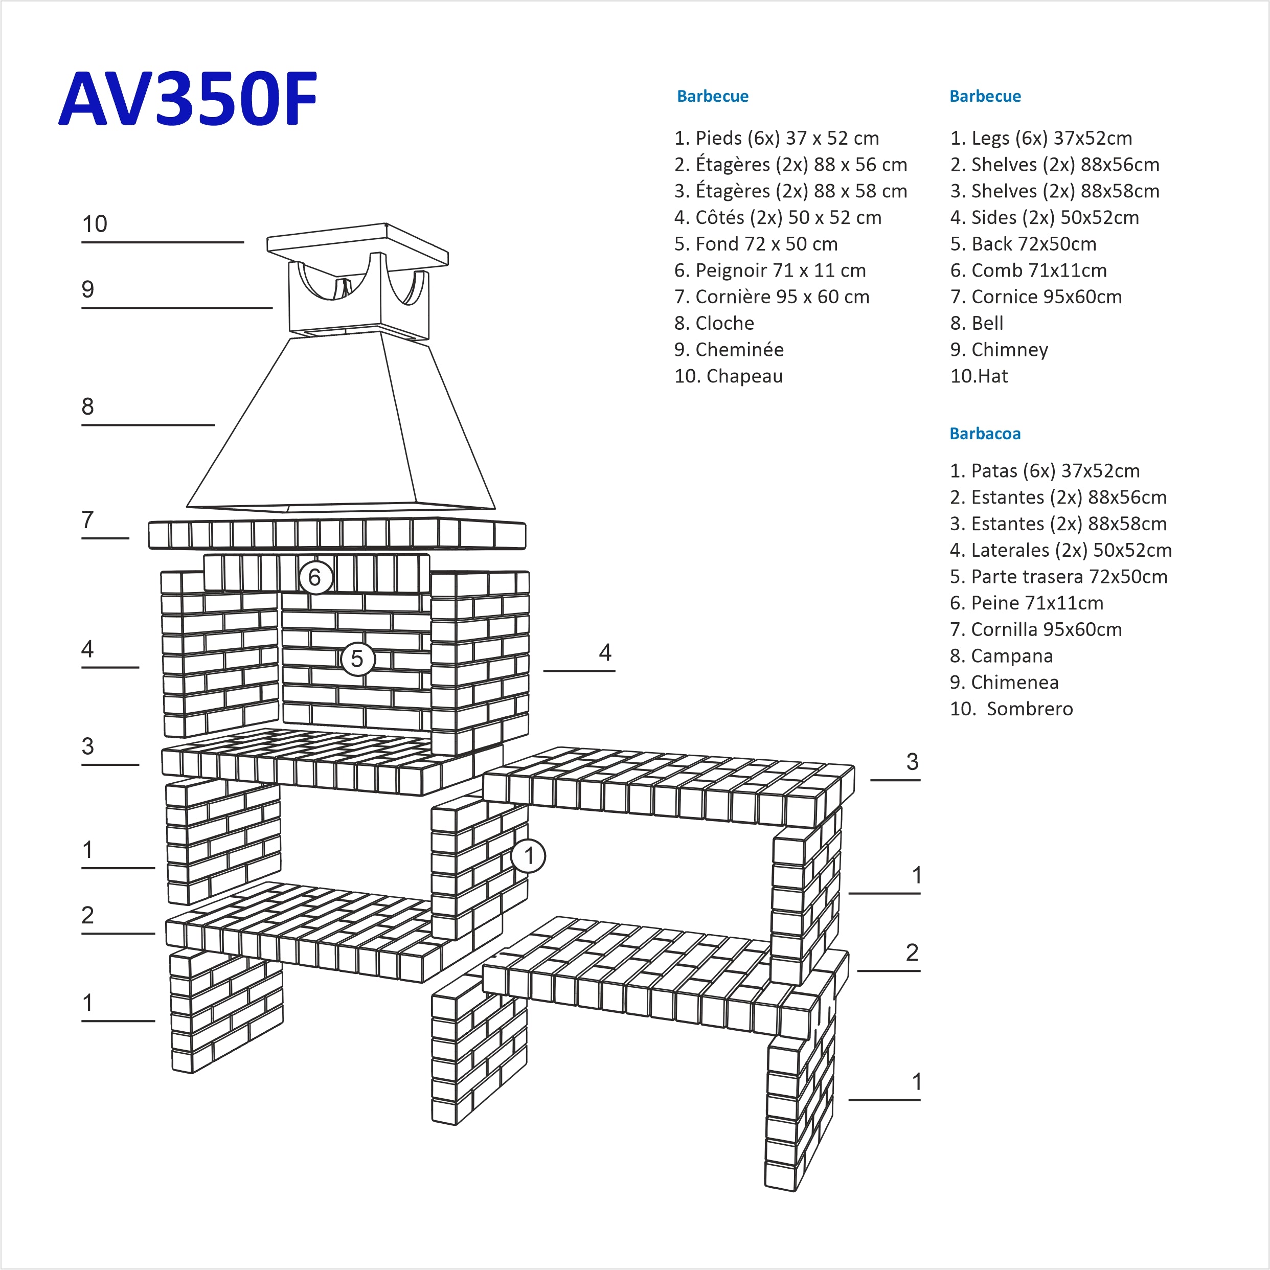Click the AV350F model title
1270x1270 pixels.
tap(188, 99)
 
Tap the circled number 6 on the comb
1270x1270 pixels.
tap(315, 577)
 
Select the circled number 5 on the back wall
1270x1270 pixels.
tap(357, 658)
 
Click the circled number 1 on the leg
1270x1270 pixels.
tap(529, 856)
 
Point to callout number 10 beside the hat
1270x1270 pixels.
tap(95, 224)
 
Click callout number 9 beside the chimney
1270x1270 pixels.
tap(88, 289)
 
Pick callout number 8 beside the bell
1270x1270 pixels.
tap(88, 406)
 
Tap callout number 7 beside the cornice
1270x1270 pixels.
tap(88, 520)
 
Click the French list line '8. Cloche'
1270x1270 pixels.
tap(714, 324)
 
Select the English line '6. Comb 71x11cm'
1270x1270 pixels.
tap(1028, 270)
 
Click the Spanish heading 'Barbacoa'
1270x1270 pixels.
tap(985, 434)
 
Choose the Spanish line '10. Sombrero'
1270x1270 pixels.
tap(1011, 709)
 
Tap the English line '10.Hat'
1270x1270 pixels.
tap(979, 376)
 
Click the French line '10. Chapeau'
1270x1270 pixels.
tap(729, 376)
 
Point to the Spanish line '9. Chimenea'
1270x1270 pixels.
tap(1004, 683)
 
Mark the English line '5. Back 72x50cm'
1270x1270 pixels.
tap(1023, 244)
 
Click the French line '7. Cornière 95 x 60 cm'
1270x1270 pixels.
tap(772, 297)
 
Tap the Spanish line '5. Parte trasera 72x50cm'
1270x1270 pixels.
tap(1058, 577)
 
